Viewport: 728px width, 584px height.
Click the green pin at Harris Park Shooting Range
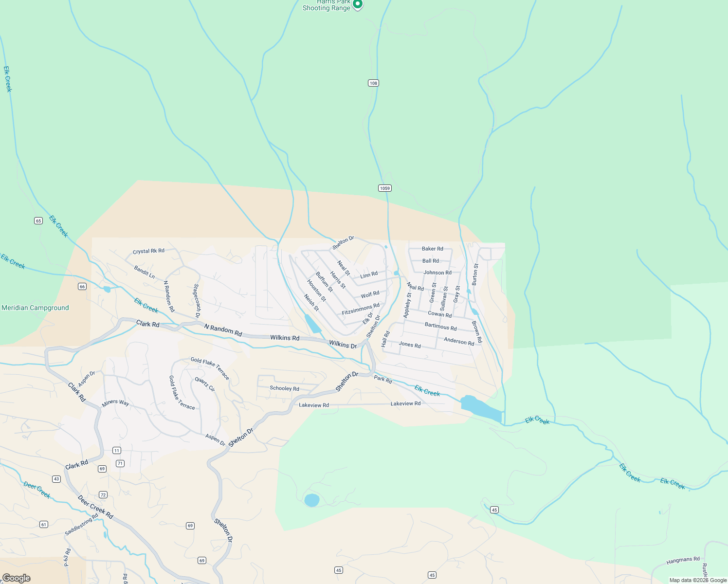click(x=358, y=4)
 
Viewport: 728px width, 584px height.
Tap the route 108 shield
click(x=373, y=83)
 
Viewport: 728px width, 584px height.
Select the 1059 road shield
click(x=385, y=188)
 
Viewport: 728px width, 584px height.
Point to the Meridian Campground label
click(x=35, y=308)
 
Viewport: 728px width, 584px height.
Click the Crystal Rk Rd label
click(x=148, y=251)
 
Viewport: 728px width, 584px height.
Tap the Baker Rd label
click(x=433, y=249)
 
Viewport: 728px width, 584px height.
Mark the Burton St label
click(x=475, y=274)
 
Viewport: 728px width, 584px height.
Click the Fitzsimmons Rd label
click(x=361, y=309)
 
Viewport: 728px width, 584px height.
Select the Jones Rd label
click(x=410, y=345)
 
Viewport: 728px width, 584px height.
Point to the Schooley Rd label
click(x=285, y=388)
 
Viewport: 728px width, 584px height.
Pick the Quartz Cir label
click(x=205, y=384)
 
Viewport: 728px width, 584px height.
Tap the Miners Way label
click(x=115, y=403)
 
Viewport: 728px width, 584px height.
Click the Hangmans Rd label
click(x=683, y=560)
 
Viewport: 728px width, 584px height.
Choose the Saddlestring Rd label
click(x=81, y=525)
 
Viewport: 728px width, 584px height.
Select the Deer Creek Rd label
click(x=95, y=507)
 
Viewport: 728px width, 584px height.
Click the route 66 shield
click(x=82, y=287)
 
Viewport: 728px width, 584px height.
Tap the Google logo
click(x=17, y=578)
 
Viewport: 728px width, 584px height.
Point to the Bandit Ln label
click(x=144, y=272)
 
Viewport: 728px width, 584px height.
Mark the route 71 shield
click(x=120, y=463)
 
